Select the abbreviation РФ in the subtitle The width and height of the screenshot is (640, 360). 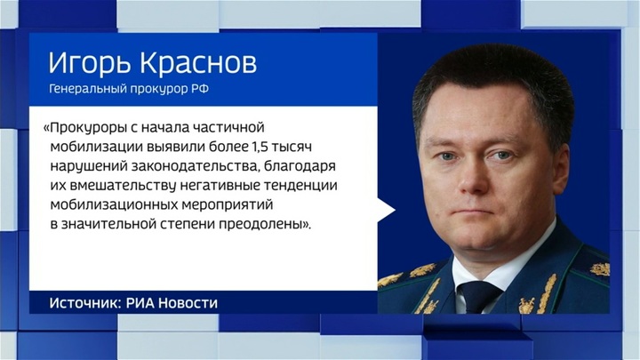click(200, 89)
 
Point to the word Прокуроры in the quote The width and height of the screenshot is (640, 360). click(85, 128)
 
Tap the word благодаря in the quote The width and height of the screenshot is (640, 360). click(300, 166)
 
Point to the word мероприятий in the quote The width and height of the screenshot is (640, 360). click(227, 205)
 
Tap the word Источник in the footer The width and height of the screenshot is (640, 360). click(83, 303)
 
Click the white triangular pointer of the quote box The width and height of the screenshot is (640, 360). click(386, 210)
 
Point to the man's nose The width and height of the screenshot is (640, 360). click(474, 180)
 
